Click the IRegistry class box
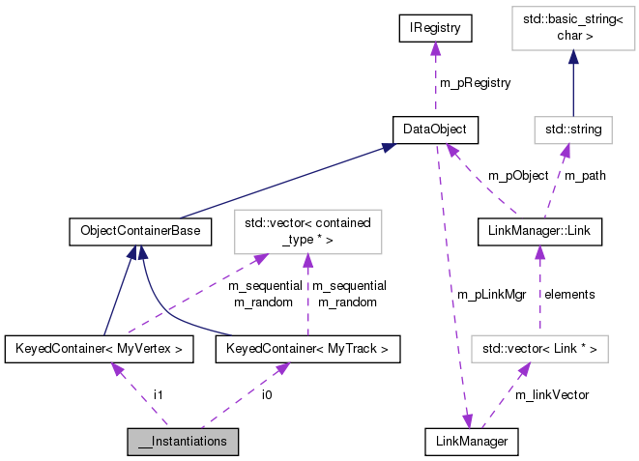[x=434, y=30]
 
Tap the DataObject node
[x=434, y=129]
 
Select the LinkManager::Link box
[x=539, y=231]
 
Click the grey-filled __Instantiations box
[x=183, y=441]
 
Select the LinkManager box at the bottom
[x=472, y=441]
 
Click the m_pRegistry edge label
[x=475, y=83]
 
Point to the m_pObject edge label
[x=518, y=176]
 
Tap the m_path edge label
[x=584, y=176]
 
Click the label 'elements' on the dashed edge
[x=569, y=293]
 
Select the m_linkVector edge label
[x=552, y=394]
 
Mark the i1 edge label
[x=159, y=394]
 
